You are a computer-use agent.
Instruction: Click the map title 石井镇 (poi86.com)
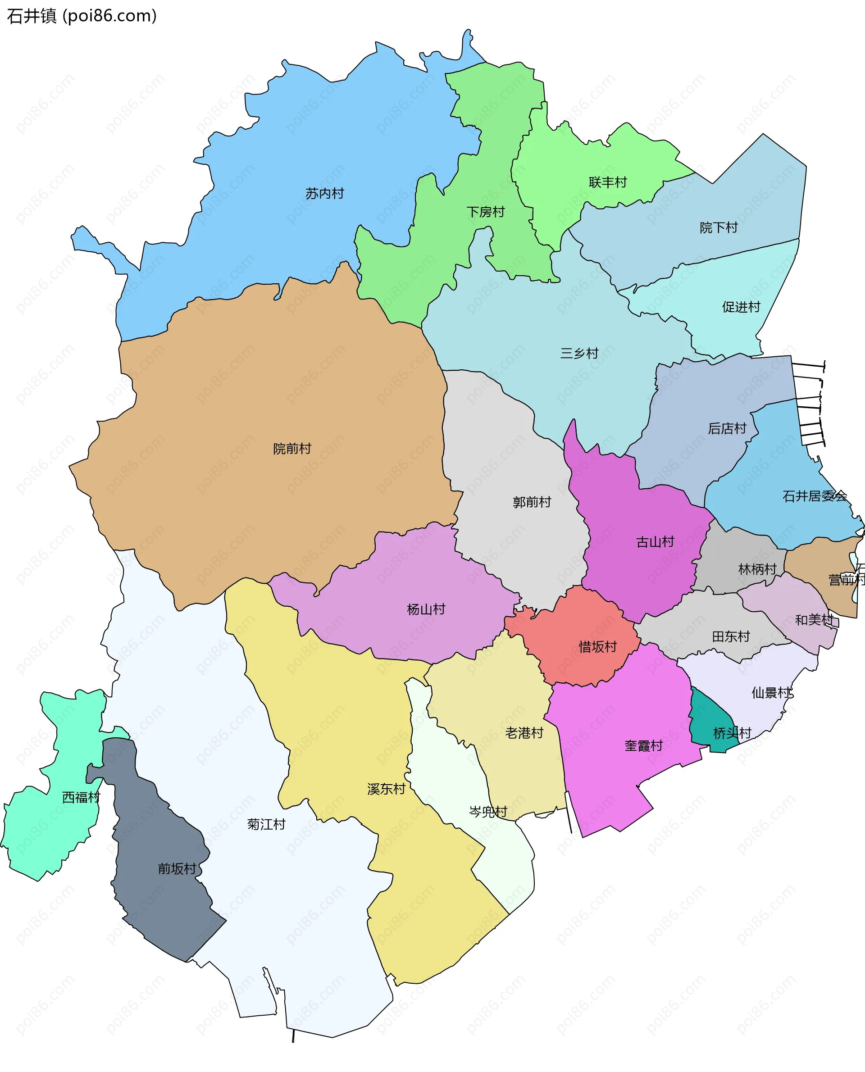(82, 16)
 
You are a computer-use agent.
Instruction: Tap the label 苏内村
(324, 193)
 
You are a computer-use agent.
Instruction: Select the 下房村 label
(485, 212)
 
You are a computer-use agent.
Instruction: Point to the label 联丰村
(607, 182)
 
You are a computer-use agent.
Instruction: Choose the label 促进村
(741, 307)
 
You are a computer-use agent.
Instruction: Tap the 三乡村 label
(579, 353)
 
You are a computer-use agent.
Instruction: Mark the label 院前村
(292, 449)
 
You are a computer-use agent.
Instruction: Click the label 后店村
(727, 428)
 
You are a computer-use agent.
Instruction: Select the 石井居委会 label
(814, 496)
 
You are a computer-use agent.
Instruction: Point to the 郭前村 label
(532, 502)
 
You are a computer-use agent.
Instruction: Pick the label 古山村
(655, 542)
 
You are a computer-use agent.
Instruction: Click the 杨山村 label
(426, 609)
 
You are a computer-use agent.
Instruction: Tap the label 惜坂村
(597, 647)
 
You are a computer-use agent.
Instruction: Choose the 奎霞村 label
(643, 746)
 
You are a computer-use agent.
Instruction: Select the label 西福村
(81, 798)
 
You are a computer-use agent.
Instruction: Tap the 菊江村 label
(266, 824)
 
